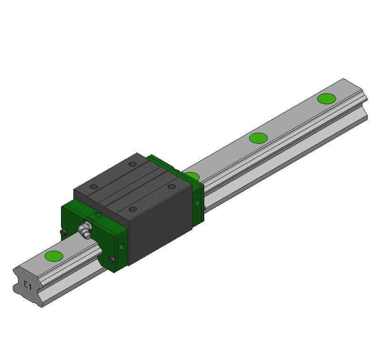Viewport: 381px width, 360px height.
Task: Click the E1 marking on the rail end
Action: pos(27,286)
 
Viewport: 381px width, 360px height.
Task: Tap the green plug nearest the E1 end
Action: pos(53,256)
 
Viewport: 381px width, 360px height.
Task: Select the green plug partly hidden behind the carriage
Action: pos(192,176)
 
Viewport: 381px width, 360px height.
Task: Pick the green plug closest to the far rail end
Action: pos(326,99)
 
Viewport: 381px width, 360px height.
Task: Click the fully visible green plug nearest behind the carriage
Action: pos(258,138)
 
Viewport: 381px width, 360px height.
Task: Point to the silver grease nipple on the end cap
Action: pos(86,229)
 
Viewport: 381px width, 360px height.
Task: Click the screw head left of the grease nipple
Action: pos(63,232)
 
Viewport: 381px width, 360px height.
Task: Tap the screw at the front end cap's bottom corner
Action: pos(111,260)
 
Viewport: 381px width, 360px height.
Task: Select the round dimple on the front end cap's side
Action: pos(122,246)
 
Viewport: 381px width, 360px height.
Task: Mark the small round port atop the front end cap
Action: pos(99,215)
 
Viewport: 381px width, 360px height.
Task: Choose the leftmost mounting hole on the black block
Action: pos(94,186)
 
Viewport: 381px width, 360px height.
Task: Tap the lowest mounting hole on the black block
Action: pos(133,209)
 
